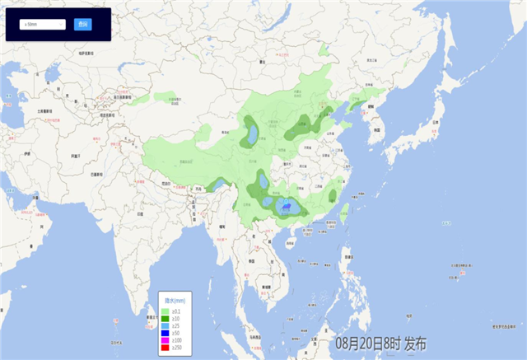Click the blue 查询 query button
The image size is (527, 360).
click(x=82, y=25)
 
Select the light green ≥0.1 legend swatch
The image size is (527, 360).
click(x=166, y=311)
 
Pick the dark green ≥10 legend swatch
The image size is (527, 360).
click(x=166, y=318)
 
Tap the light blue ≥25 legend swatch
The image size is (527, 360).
click(x=166, y=326)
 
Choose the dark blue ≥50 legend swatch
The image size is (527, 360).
click(x=166, y=334)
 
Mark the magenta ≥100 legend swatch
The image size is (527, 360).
click(x=166, y=341)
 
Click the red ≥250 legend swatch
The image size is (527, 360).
click(x=166, y=348)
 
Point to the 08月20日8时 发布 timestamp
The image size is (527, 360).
click(x=380, y=344)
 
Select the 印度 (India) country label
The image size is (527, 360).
click(x=140, y=213)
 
